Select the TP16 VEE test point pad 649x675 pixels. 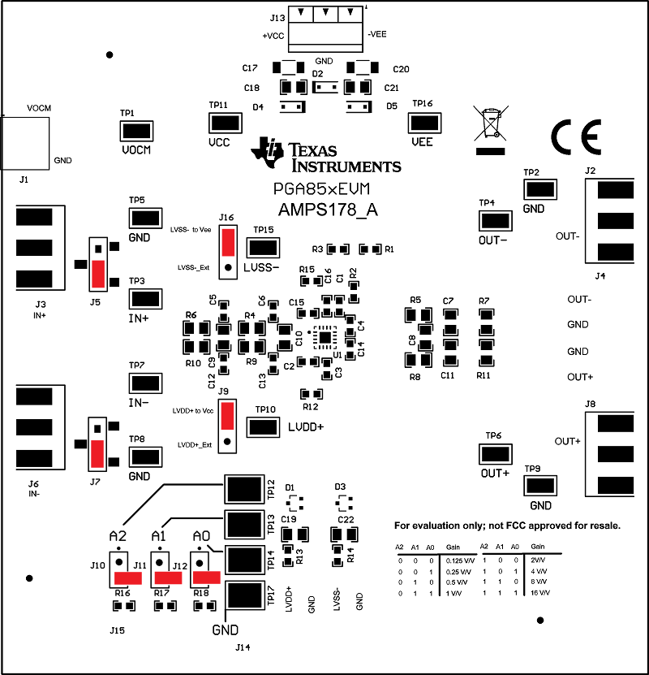423,123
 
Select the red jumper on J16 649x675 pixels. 228,241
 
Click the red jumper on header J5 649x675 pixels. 98,275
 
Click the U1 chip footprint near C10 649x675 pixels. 324,335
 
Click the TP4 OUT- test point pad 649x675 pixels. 494,220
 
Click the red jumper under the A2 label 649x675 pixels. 127,578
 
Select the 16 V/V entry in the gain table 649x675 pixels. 540,594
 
